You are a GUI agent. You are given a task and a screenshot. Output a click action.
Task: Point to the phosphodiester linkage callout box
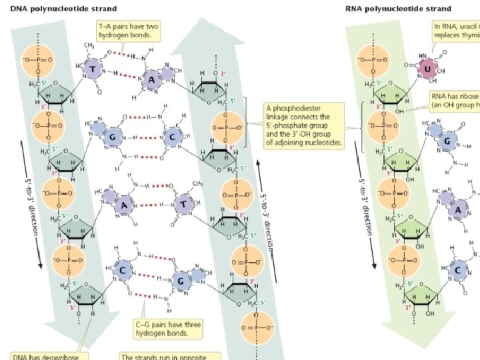[x=304, y=124]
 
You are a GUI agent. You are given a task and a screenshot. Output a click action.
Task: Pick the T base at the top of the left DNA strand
[x=93, y=69]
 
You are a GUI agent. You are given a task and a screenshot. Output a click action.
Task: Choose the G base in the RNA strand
[x=449, y=141]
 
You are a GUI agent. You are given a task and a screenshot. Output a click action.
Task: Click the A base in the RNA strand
[x=457, y=210]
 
